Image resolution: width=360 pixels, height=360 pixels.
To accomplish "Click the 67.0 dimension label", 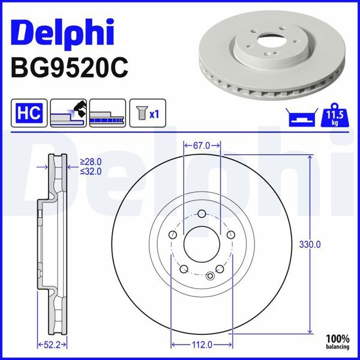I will click(202, 146).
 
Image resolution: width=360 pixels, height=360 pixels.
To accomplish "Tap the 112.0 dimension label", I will click(202, 344).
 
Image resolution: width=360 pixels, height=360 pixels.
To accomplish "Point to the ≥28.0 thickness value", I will click(91, 162).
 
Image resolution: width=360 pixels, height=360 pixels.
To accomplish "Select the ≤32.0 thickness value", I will click(91, 171).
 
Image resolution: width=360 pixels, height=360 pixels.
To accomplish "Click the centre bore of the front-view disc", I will click(202, 244).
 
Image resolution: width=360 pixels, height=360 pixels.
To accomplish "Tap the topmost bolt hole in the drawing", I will click(202, 214).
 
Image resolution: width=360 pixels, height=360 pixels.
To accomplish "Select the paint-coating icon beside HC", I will click(68, 112).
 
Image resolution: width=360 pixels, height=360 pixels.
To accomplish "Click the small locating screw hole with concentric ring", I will click(210, 276).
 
